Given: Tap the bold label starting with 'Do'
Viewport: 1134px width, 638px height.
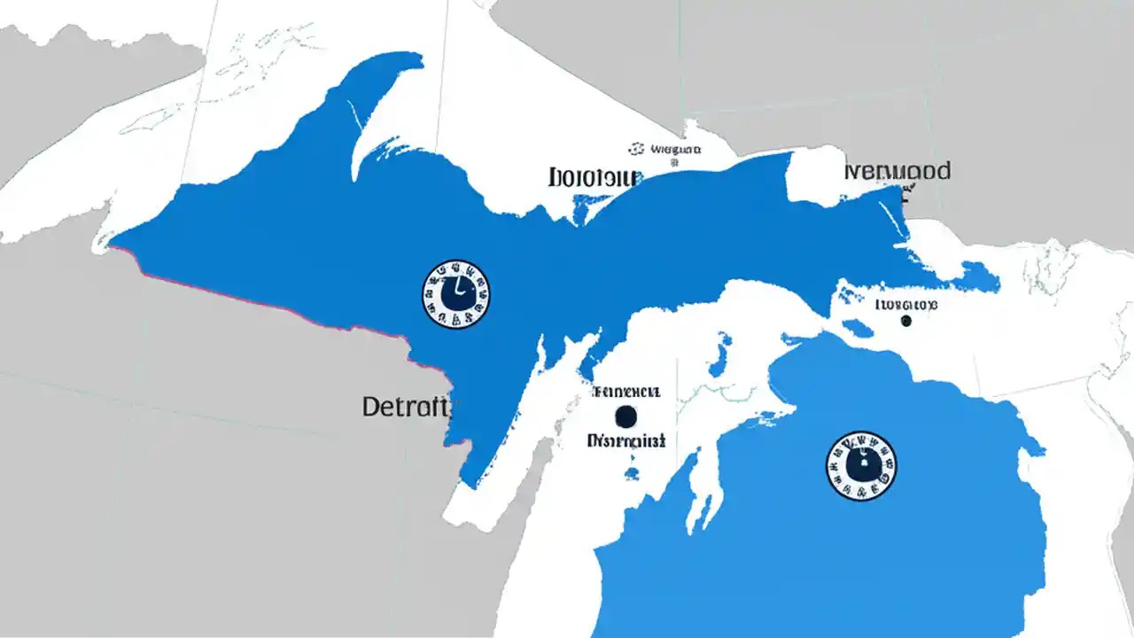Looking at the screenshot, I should point(593,177).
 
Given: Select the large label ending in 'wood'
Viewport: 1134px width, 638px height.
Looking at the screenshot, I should point(897,171).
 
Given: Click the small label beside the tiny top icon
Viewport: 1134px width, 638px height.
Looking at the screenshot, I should point(676,150).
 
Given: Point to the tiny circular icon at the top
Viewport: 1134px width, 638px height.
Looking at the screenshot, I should point(635,149).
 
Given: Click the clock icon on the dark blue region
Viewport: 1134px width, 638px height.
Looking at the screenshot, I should point(456,294).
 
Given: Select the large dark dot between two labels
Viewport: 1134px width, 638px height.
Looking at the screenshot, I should point(625,416).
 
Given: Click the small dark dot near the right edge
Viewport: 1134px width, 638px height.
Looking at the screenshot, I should point(905,321).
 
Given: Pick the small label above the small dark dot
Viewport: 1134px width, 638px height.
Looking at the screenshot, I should point(905,305).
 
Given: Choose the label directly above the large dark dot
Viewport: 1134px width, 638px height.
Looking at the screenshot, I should point(626,392).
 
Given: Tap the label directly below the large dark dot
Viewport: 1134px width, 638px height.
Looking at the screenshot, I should point(626,440).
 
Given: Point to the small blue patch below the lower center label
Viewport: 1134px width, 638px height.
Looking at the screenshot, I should point(632,471).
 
